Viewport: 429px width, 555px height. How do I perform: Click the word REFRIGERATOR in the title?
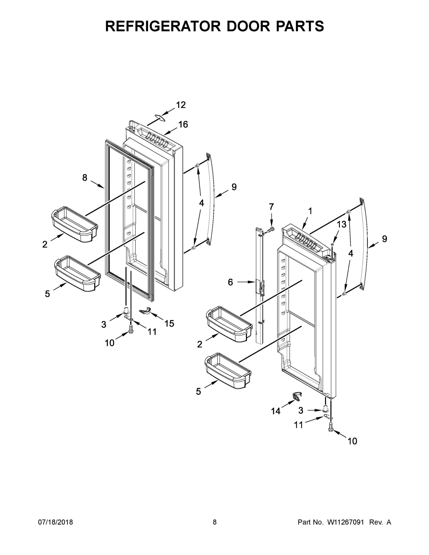(x=163, y=26)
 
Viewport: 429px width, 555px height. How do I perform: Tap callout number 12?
(x=181, y=105)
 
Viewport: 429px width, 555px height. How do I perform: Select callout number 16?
(x=183, y=124)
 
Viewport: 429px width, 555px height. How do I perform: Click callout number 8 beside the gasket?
(x=85, y=177)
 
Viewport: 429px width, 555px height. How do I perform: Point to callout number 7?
(x=272, y=207)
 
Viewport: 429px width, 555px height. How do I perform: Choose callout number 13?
(x=342, y=224)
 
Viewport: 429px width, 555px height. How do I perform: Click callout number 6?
(x=230, y=282)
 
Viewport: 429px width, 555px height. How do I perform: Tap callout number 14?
(x=275, y=411)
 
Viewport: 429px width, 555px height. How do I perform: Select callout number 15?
(x=169, y=324)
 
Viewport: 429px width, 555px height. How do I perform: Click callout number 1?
(x=310, y=211)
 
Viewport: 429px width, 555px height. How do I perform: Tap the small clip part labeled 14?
(x=296, y=396)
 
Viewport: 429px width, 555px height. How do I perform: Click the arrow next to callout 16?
(x=171, y=131)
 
